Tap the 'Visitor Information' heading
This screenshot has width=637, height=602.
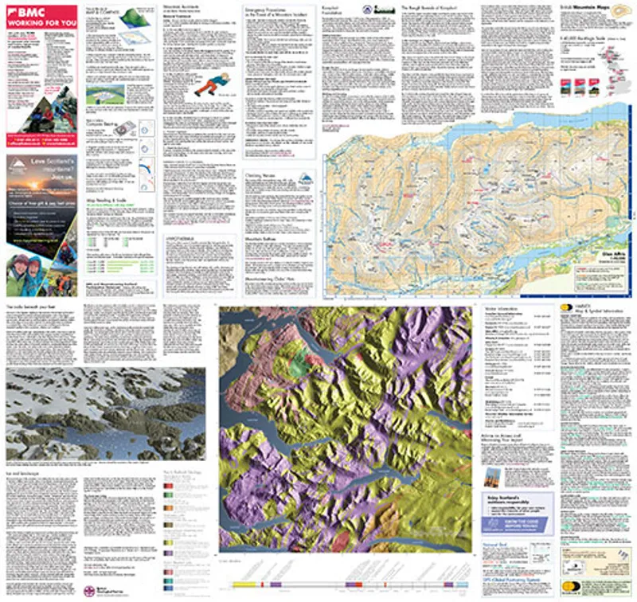502,308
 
